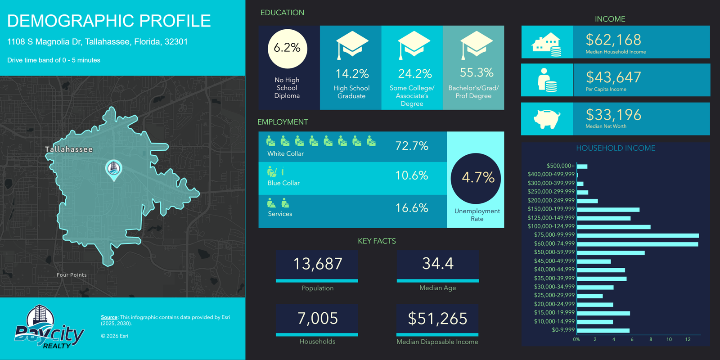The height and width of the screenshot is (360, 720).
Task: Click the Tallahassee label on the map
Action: click(x=69, y=149)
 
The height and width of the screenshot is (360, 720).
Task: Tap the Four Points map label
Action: click(x=72, y=275)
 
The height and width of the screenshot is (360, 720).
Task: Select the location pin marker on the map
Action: click(x=114, y=170)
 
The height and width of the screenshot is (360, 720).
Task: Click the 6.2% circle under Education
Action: click(x=287, y=48)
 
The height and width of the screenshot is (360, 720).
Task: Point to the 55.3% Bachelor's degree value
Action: click(x=477, y=72)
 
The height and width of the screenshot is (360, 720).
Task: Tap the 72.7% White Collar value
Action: click(x=412, y=146)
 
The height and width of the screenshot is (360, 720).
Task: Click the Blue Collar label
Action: click(x=283, y=183)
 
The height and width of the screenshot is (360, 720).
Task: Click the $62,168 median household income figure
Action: click(x=613, y=40)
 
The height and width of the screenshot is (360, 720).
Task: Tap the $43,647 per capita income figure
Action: click(x=613, y=77)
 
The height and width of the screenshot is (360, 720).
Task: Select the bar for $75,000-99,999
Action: click(x=638, y=235)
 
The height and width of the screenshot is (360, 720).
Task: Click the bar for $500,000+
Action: click(x=582, y=166)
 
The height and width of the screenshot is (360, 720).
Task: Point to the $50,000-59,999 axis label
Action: click(x=554, y=252)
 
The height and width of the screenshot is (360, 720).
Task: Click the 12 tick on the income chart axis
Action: click(x=688, y=339)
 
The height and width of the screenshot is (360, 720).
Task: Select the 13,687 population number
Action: click(x=318, y=264)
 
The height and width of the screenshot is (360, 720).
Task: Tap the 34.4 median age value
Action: click(x=437, y=263)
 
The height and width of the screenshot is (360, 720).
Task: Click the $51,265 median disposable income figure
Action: click(x=437, y=319)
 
